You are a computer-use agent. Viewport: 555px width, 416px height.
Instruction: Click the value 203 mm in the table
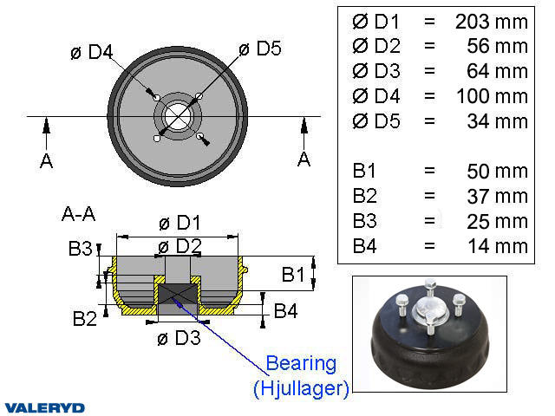click(x=491, y=22)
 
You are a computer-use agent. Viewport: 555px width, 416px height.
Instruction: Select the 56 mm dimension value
click(x=497, y=47)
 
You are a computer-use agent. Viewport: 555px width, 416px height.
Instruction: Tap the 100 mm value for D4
click(x=491, y=96)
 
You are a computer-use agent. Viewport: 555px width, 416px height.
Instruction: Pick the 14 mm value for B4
click(x=497, y=246)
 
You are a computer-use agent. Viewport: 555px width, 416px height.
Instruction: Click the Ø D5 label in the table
click(x=376, y=121)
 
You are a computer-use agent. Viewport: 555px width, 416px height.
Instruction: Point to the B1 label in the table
click(x=364, y=171)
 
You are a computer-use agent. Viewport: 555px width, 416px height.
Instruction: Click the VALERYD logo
click(x=44, y=406)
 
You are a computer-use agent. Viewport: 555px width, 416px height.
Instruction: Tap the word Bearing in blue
click(x=301, y=362)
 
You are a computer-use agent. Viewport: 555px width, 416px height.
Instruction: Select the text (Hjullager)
click(x=301, y=389)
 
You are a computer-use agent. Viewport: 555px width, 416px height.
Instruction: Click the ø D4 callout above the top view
click(x=92, y=53)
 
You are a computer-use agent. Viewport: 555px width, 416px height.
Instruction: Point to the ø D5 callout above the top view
click(x=259, y=49)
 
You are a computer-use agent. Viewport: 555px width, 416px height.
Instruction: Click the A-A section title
click(x=78, y=212)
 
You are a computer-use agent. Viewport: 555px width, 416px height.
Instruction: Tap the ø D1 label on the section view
click(x=180, y=223)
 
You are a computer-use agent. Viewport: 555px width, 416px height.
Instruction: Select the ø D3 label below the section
click(x=180, y=338)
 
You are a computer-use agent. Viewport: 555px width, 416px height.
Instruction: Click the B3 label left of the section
click(x=80, y=250)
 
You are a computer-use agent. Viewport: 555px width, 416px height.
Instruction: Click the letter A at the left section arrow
click(x=46, y=160)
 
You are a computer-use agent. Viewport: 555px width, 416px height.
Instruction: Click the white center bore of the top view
click(x=178, y=116)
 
